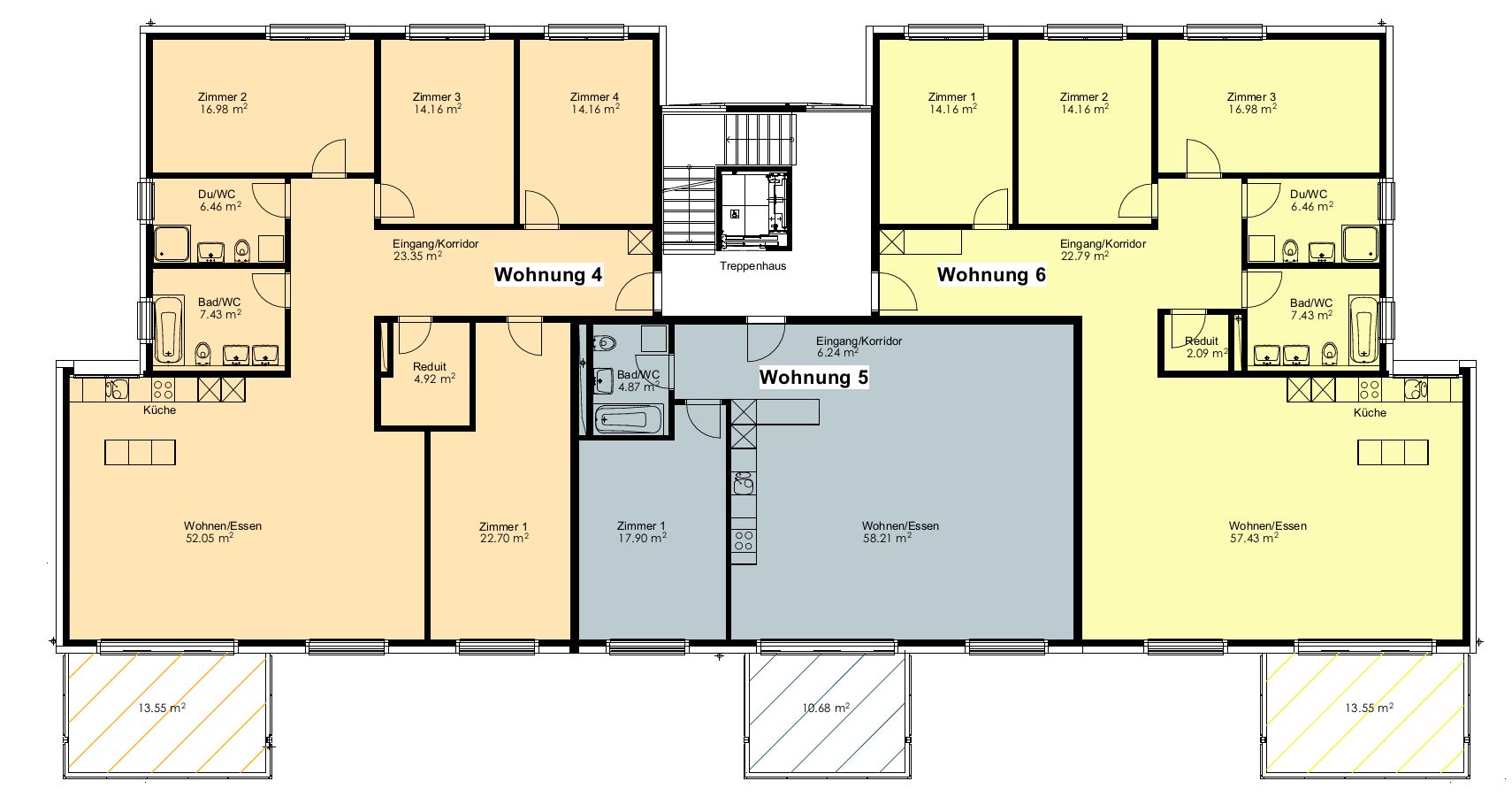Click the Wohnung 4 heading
point(548,275)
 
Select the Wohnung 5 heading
point(814,378)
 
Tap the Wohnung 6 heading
point(991,275)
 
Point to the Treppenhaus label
point(752,266)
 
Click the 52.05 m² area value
point(210,538)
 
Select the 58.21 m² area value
point(887,538)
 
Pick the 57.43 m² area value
point(1254,538)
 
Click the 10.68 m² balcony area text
point(826,708)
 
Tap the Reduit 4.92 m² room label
point(433,373)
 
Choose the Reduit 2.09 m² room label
point(1205,347)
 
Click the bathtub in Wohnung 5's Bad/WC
point(629,419)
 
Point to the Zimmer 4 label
point(595,103)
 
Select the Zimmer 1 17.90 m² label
point(642,532)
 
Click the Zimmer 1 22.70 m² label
point(503,532)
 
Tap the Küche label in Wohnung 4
point(159,410)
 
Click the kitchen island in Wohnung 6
point(1393,452)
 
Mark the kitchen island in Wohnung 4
point(141,452)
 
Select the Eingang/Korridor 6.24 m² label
point(858,347)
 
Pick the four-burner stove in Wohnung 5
point(744,541)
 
